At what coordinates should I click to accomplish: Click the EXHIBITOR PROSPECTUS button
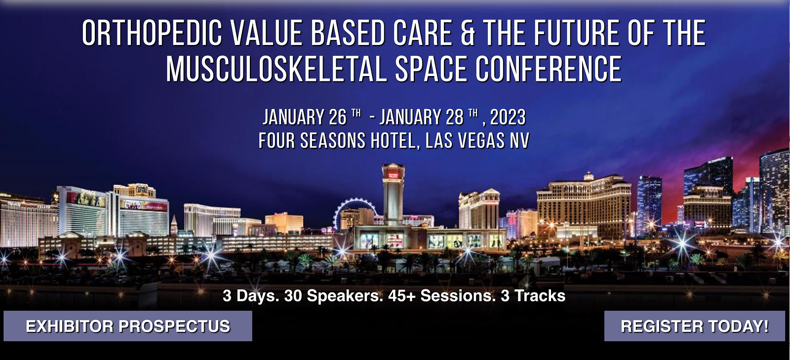pyautogui.click(x=128, y=326)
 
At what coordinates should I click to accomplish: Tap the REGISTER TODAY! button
pyautogui.click(x=694, y=326)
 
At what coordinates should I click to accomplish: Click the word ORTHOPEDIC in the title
pyautogui.click(x=152, y=33)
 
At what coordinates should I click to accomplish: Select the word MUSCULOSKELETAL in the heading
pyautogui.click(x=276, y=69)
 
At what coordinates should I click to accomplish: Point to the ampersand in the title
pyautogui.click(x=468, y=33)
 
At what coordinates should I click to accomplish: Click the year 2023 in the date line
pyautogui.click(x=508, y=117)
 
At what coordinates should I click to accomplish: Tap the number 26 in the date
pyautogui.click(x=338, y=117)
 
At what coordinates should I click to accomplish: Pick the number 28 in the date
pyautogui.click(x=454, y=117)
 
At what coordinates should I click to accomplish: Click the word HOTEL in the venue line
pyautogui.click(x=392, y=141)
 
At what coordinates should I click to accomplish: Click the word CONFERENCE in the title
pyautogui.click(x=549, y=69)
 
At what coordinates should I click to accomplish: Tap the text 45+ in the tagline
pyautogui.click(x=402, y=295)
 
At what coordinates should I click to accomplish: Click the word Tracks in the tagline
pyautogui.click(x=540, y=295)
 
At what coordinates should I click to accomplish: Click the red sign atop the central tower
pyautogui.click(x=393, y=174)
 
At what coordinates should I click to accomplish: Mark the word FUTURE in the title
pyautogui.click(x=576, y=33)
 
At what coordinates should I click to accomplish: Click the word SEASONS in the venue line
pyautogui.click(x=333, y=141)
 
